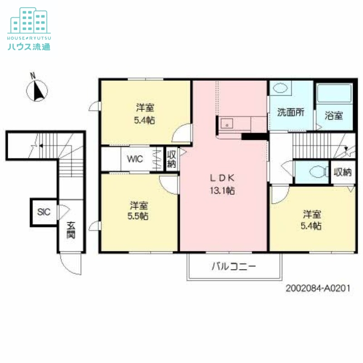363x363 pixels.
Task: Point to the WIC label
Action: tap(135, 159)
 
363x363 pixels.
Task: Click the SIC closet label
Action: tap(44, 212)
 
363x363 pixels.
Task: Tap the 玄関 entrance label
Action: tap(71, 231)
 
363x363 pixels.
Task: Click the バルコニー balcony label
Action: tap(234, 266)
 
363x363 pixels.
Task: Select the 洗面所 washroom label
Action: tap(290, 113)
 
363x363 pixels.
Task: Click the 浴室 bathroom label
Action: tap(334, 115)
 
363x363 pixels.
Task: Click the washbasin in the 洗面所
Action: tap(281, 88)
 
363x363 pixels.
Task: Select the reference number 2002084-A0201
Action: tap(318, 288)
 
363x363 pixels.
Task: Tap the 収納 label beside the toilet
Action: tap(343, 172)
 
